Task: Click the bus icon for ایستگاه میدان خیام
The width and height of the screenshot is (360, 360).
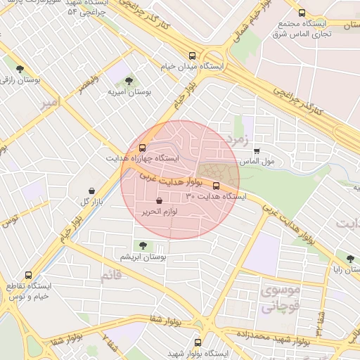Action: (x=192, y=56)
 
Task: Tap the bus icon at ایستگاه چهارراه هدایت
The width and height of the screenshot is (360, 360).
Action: (x=143, y=148)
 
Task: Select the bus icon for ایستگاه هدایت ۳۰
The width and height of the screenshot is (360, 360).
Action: (x=216, y=186)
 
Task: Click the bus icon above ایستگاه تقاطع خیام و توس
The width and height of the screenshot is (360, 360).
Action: (x=29, y=276)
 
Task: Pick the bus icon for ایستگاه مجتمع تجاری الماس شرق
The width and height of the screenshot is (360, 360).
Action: (x=302, y=13)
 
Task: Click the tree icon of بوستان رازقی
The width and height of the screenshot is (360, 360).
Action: (x=20, y=69)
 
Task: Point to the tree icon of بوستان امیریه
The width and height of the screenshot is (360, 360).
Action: (x=128, y=81)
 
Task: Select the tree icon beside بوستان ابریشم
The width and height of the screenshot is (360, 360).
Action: (x=143, y=245)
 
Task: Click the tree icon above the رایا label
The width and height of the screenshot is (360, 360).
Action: (x=349, y=259)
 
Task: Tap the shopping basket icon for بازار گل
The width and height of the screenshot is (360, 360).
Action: (x=92, y=191)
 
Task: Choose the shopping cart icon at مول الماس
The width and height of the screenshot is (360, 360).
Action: (x=257, y=150)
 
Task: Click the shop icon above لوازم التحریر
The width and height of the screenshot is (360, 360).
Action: (x=159, y=201)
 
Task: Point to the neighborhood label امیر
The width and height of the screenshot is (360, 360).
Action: (x=49, y=103)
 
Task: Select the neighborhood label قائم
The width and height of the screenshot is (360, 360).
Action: (x=111, y=276)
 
